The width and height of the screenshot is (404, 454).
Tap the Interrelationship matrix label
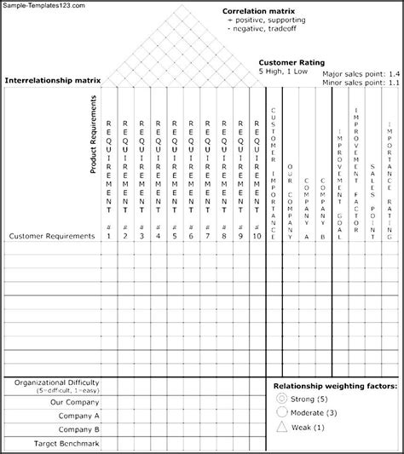point(53,80)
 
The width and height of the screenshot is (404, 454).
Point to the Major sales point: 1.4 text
point(361,74)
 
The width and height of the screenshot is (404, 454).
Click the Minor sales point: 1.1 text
point(361,83)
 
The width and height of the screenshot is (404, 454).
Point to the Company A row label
point(77,416)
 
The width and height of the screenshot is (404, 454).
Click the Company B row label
point(77,429)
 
